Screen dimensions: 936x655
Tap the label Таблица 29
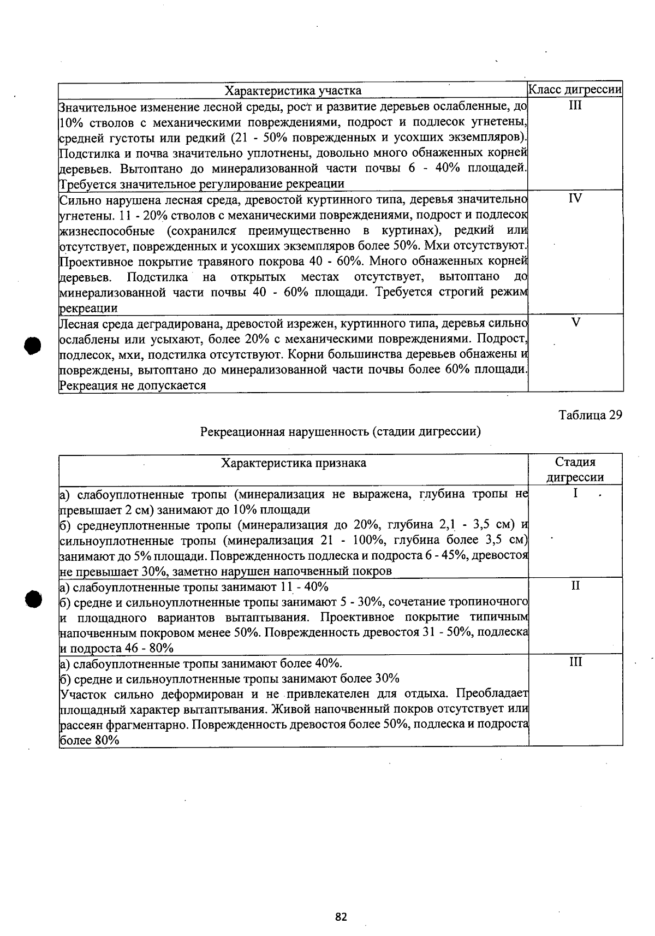tap(590, 415)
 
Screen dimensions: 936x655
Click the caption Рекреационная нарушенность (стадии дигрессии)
tap(341, 432)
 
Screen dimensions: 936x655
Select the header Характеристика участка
tap(293, 90)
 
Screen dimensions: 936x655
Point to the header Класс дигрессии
tap(575, 90)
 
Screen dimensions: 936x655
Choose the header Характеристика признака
tap(293, 463)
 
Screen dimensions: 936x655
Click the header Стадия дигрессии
tap(575, 470)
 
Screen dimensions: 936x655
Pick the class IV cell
tap(575, 198)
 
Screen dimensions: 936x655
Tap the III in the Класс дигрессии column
tap(575, 105)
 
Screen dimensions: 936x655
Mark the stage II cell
tap(575, 586)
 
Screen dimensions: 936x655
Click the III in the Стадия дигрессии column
tap(575, 662)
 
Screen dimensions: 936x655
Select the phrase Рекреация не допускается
tap(132, 386)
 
